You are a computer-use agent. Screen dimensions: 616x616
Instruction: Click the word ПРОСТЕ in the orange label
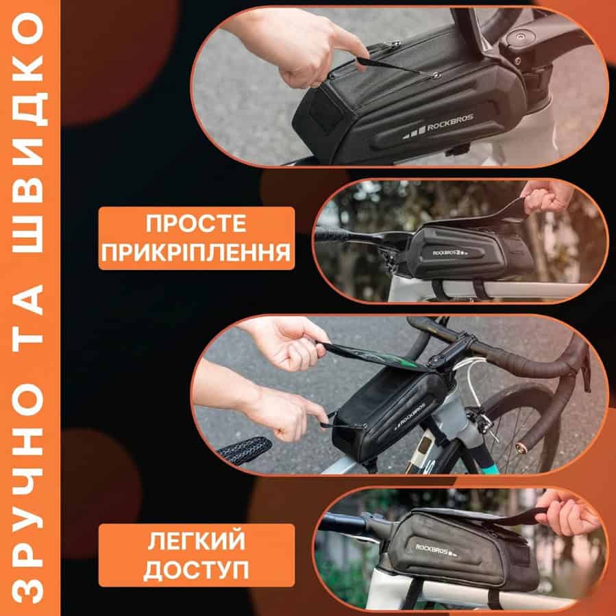(196, 224)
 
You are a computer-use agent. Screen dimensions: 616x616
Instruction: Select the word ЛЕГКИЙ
(196, 541)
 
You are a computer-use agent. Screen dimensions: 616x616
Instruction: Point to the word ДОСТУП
(196, 569)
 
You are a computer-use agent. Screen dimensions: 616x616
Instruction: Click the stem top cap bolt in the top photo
(520, 38)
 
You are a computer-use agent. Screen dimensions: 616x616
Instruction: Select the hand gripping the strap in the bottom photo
(567, 511)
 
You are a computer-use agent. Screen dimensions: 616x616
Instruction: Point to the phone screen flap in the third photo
(378, 357)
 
